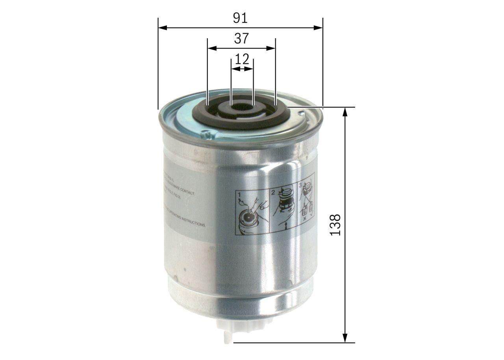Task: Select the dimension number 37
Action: click(241, 39)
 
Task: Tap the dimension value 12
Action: click(242, 59)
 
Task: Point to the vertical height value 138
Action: click(335, 225)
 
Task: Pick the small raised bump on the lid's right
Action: click(302, 114)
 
